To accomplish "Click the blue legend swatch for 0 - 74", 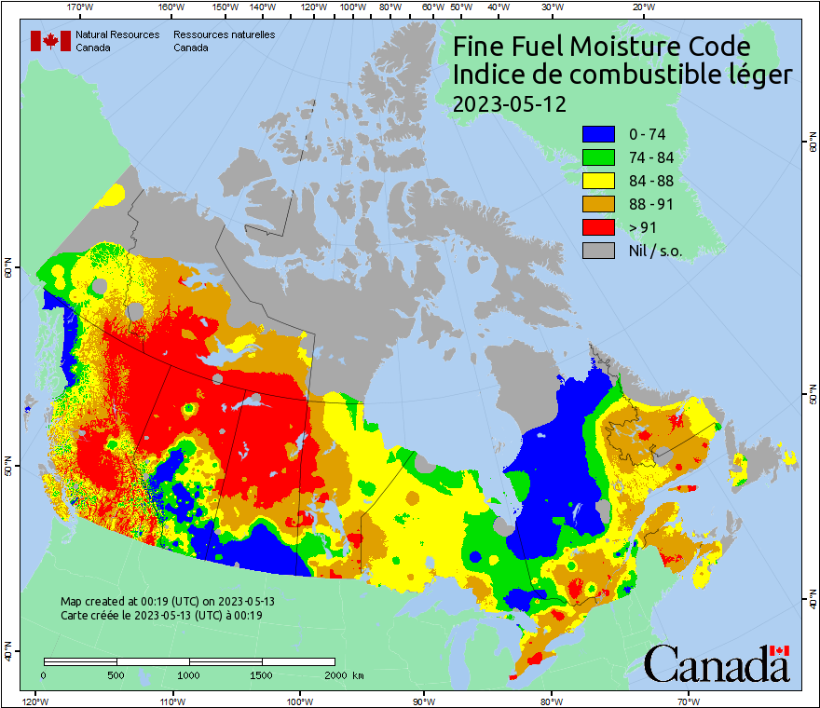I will tap(598, 134).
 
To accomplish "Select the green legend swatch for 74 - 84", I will tap(598, 157).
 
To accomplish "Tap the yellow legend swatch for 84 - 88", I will tap(598, 181).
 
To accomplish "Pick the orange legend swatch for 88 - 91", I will tap(598, 204).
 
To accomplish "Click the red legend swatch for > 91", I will tap(598, 227).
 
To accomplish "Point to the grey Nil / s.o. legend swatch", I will tap(598, 251).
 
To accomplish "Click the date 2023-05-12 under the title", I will tap(509, 103).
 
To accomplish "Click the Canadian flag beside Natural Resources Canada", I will tap(50, 40).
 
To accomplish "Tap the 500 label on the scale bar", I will tap(116, 674).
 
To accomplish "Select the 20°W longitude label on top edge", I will tap(641, 7).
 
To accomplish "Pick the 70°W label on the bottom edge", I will tap(688, 701).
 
